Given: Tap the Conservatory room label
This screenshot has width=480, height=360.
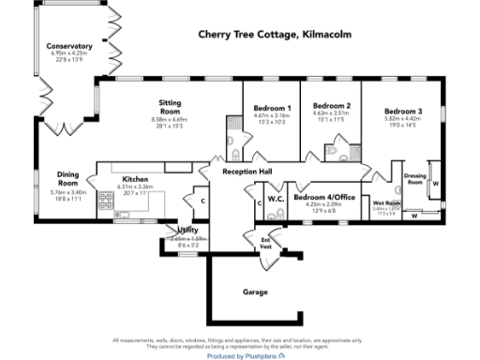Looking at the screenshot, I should click(71, 46).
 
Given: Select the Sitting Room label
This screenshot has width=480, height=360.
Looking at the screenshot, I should click(170, 108).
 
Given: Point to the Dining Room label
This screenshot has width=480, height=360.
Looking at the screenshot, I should click(67, 178).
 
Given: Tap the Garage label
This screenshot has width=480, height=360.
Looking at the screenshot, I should click(255, 292).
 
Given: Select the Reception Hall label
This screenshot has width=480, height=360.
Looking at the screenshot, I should click(247, 172).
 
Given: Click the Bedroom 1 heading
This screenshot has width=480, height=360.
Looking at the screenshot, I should click(272, 109).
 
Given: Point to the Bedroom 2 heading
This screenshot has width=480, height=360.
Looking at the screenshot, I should click(331, 106).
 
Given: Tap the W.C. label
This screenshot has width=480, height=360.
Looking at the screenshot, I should click(276, 198).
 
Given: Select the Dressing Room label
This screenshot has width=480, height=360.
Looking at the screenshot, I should click(413, 178).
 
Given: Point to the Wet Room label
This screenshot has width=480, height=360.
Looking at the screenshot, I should click(386, 203).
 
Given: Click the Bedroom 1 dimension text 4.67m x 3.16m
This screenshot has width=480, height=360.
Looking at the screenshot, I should click(272, 116).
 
